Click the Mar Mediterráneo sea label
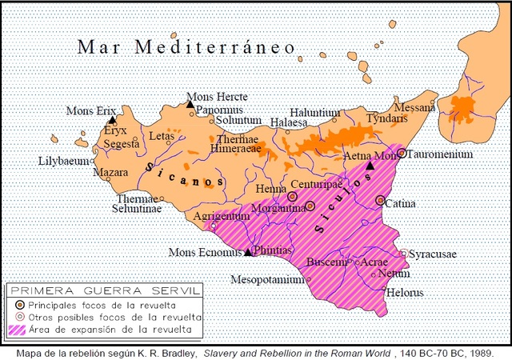[x=187, y=47]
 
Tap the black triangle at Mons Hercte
[x=190, y=104]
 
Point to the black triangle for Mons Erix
[x=113, y=119]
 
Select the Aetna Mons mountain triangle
[x=370, y=166]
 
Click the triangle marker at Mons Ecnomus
[x=248, y=252]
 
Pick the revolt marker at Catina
[x=381, y=201]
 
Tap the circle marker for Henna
[x=293, y=195]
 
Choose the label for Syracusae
[x=433, y=254]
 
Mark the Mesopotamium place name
[x=267, y=280]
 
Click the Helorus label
[x=405, y=292]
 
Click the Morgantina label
[x=278, y=209]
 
